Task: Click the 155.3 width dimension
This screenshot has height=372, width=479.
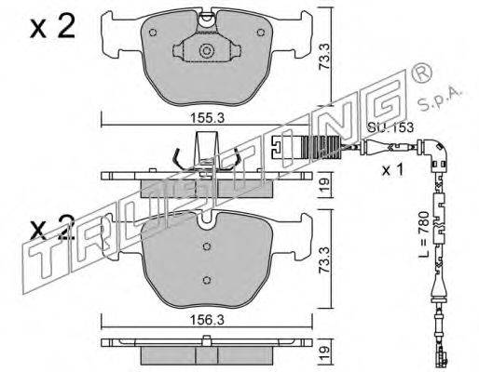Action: pos(207,118)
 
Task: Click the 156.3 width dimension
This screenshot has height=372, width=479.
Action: pos(207,320)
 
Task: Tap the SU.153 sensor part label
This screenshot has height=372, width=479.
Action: pos(390,127)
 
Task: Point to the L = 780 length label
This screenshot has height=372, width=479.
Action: pos(423,234)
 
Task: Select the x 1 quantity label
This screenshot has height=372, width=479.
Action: pos(392,170)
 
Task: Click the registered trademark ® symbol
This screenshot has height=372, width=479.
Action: pos(421,73)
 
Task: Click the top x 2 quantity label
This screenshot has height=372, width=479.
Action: pos(53,27)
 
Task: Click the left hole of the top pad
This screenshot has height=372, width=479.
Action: pos(153,33)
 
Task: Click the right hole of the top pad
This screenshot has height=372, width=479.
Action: pos(261,33)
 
